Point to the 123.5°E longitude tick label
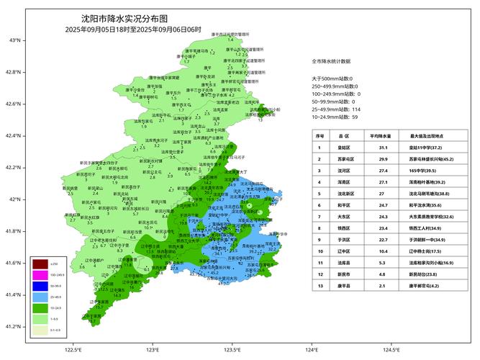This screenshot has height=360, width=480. point(232,350)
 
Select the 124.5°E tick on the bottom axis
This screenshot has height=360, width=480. point(391,350)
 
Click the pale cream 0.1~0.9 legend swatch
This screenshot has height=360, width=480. point(40,331)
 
